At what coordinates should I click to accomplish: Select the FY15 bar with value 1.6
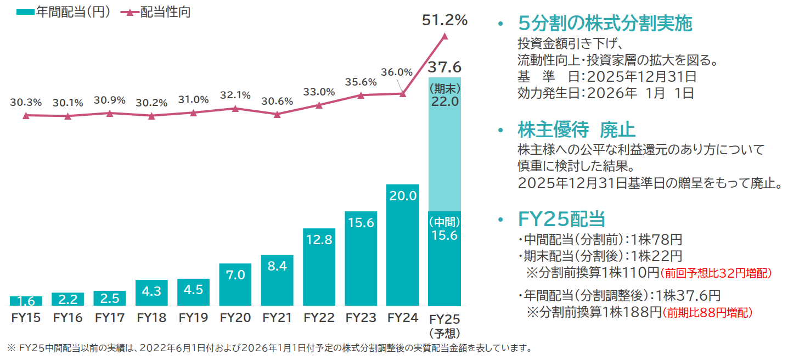click(26, 301)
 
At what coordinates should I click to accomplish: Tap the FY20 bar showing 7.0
click(235, 284)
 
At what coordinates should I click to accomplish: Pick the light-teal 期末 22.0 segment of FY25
click(444, 144)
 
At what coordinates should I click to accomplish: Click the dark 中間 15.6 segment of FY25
click(444, 258)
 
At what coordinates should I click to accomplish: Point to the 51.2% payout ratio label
click(444, 20)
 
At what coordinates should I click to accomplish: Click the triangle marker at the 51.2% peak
click(444, 36)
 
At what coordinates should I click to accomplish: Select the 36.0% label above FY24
click(397, 72)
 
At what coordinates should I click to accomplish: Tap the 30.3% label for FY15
click(26, 102)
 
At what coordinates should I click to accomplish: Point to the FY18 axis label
click(151, 318)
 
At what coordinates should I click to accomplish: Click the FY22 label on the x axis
click(319, 318)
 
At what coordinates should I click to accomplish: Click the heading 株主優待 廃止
click(576, 130)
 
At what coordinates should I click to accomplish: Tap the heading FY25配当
click(561, 218)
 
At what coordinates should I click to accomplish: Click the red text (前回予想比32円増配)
click(716, 273)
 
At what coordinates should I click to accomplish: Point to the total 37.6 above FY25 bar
click(444, 67)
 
